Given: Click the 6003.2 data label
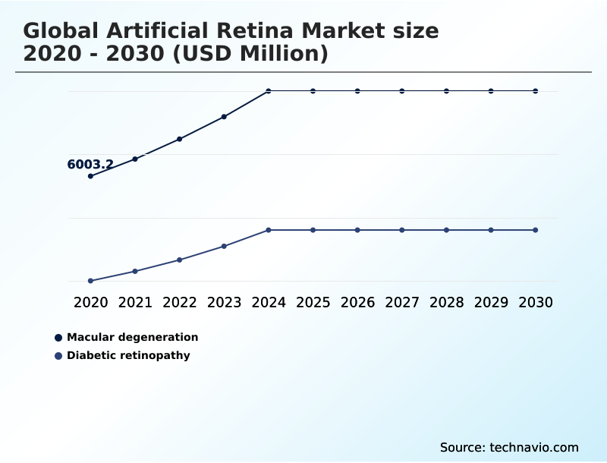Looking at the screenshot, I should click(x=90, y=165).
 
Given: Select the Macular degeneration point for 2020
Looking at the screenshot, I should click(x=90, y=176).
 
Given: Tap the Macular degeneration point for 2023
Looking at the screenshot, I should click(x=224, y=117).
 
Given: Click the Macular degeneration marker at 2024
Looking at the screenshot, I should click(x=269, y=91).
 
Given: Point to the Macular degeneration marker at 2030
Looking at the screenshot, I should click(x=536, y=91).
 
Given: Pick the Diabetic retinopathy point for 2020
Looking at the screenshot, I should click(x=90, y=281).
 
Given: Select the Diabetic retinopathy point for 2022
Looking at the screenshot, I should click(x=180, y=260).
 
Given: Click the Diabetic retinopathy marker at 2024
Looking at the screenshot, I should click(x=269, y=230).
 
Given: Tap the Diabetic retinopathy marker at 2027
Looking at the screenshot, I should click(x=402, y=230).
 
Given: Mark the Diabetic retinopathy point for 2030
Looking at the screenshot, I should click(x=536, y=230).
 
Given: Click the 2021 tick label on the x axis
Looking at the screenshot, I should click(x=135, y=302).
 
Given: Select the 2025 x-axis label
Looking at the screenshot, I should click(x=313, y=302).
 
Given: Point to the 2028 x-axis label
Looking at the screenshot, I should click(x=446, y=302).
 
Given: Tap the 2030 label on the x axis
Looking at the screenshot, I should click(x=536, y=302).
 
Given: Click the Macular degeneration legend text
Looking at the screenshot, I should click(x=132, y=337).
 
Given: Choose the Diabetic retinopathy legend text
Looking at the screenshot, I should click(x=128, y=355).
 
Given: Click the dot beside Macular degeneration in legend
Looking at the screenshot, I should click(x=58, y=338).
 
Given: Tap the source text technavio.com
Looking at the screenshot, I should click(x=534, y=447).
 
